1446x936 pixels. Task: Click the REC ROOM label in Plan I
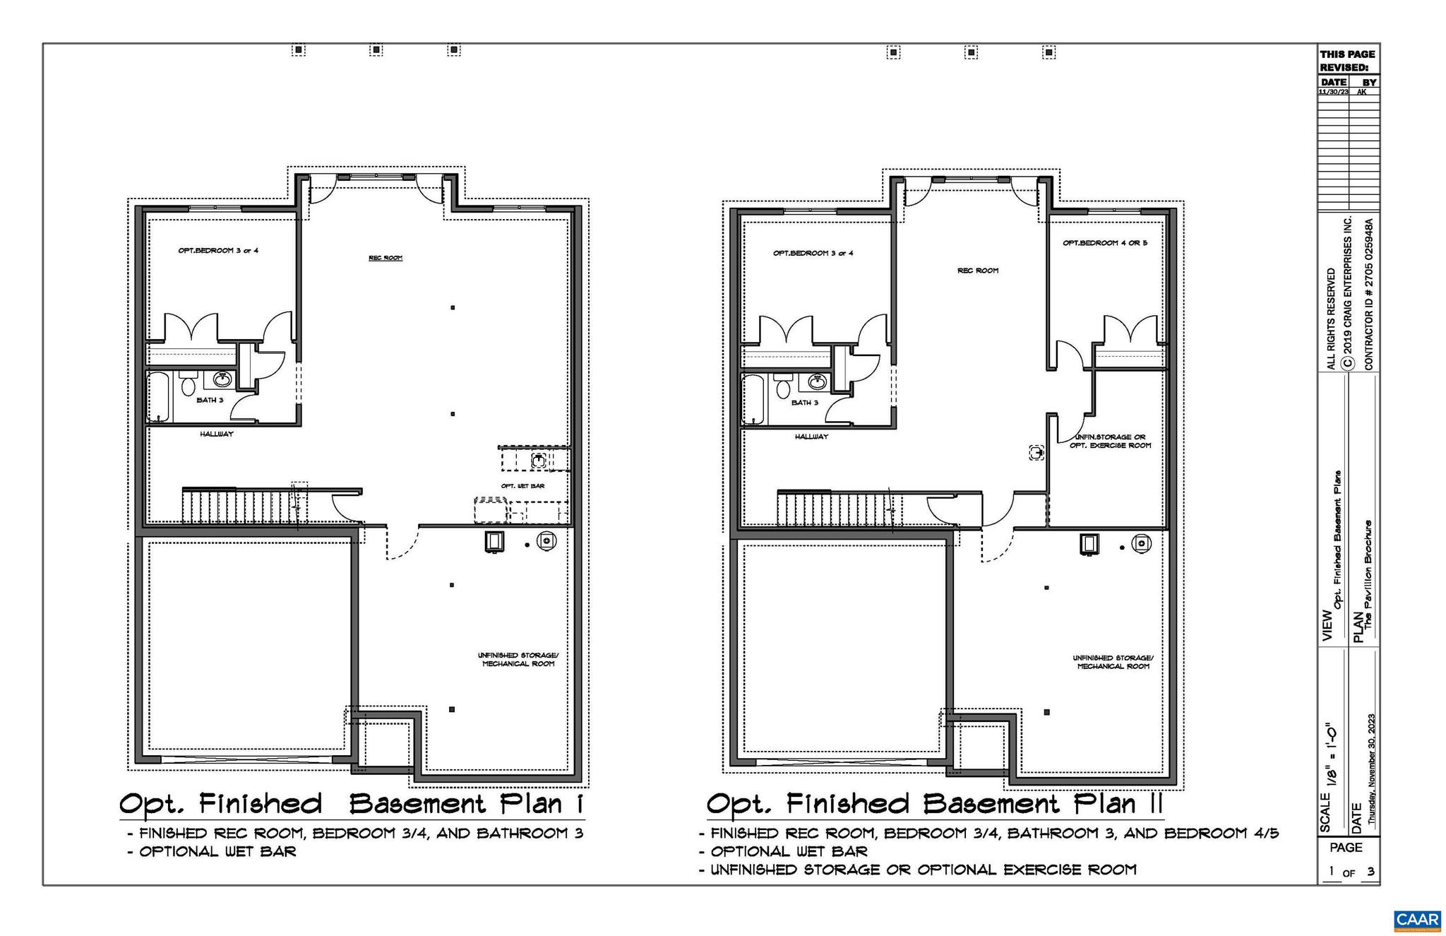[x=386, y=258]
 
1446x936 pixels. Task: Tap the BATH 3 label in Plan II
[x=805, y=403]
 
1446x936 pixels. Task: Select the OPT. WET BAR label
[x=522, y=486]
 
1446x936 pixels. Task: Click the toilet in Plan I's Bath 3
[x=188, y=385]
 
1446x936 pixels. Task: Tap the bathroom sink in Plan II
[x=818, y=382]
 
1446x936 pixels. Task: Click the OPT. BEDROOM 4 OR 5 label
[x=1105, y=243]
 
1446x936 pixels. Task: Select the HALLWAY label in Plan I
[x=216, y=434]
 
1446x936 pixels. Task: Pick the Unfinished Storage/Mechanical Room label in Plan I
[x=518, y=659]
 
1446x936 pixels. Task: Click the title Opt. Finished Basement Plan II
[x=934, y=804]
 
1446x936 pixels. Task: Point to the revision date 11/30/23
[x=1333, y=92]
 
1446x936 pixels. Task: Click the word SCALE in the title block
[x=1325, y=812]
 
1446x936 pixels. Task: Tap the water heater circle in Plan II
[x=1142, y=543]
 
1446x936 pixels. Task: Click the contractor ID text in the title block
[x=1369, y=293]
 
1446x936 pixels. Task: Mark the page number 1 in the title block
[x=1332, y=871]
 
